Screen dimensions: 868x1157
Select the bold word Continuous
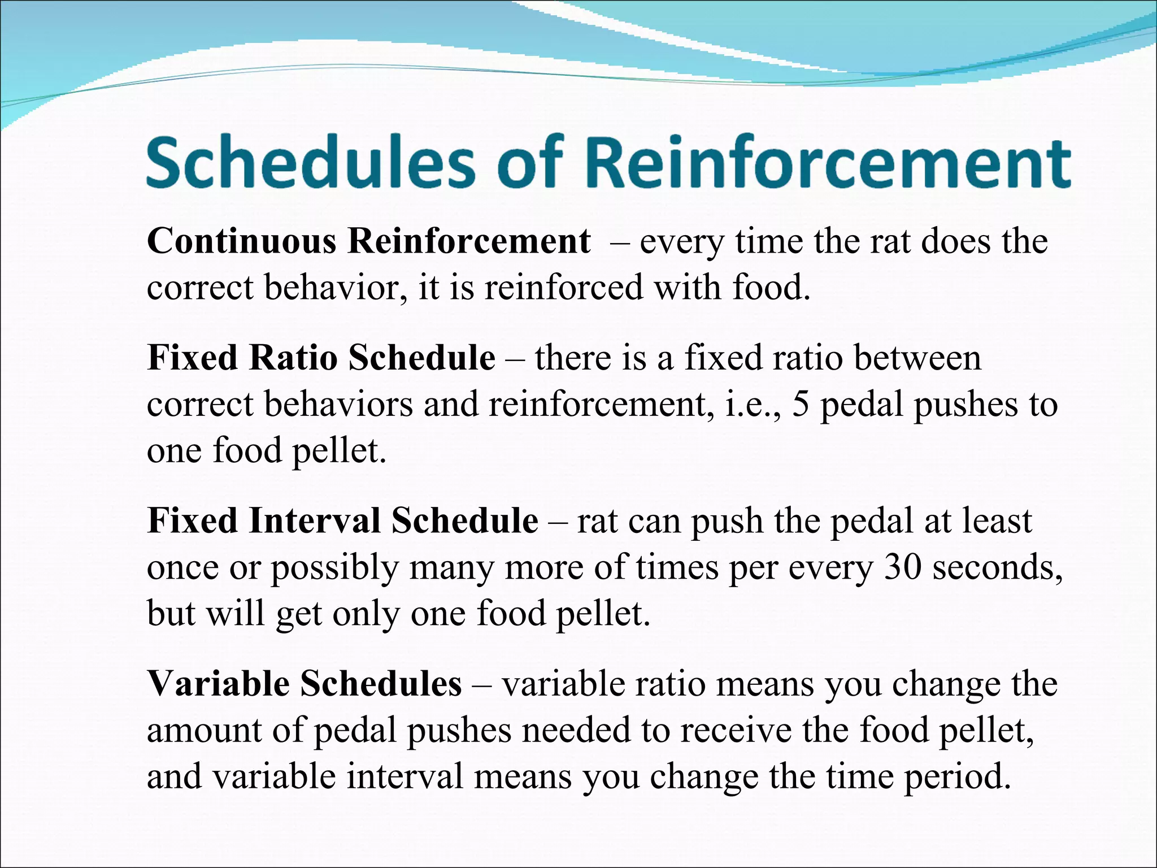point(242,241)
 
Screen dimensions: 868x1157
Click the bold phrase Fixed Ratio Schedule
point(321,358)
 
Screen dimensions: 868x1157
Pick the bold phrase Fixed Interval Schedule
point(342,521)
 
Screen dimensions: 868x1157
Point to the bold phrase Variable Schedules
point(305,684)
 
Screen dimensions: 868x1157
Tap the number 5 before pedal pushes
point(801,405)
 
